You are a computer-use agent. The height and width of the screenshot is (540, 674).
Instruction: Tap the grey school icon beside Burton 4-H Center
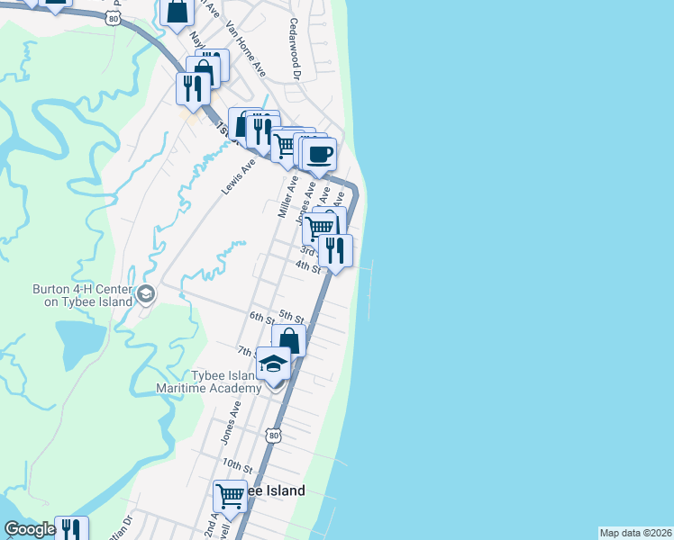[145, 294]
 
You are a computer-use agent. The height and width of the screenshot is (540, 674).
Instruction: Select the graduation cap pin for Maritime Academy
[274, 364]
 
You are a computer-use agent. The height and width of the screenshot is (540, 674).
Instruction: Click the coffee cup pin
[319, 154]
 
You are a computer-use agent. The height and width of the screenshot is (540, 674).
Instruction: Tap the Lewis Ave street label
[238, 175]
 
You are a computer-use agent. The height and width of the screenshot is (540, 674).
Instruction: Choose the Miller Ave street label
[287, 196]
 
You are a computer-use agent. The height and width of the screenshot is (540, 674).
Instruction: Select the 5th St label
[290, 315]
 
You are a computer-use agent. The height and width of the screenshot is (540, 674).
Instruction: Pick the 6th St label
[261, 317]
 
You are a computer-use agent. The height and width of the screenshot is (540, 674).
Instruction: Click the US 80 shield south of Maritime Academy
[272, 436]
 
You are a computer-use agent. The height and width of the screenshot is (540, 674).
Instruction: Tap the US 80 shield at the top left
[112, 17]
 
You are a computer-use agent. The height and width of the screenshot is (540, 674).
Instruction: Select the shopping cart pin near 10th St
[230, 494]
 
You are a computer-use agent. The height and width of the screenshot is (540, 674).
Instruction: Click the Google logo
[30, 530]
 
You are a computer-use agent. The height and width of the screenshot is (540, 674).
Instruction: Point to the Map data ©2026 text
[635, 533]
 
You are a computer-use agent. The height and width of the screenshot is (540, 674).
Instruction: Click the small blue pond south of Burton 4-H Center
[80, 342]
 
